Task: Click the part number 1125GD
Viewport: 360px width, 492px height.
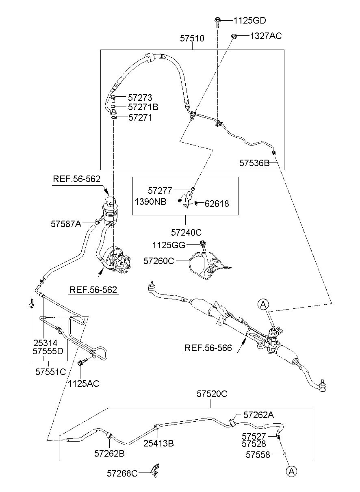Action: tap(249, 21)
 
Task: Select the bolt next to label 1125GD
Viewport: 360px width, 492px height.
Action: tap(217, 22)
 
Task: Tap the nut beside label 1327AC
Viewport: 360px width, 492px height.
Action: tap(234, 36)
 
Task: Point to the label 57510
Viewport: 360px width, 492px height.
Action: tap(192, 38)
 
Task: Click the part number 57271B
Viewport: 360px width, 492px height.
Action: tap(143, 107)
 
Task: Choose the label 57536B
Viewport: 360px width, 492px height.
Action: tap(254, 163)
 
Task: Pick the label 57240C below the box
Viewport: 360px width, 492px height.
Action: tap(186, 232)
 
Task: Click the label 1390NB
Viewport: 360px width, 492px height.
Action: tap(150, 202)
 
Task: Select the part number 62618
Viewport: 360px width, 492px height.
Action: tap(217, 204)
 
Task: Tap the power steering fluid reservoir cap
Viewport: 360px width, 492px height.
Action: tap(111, 201)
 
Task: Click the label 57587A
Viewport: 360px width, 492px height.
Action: tap(66, 224)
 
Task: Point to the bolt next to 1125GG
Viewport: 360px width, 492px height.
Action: tap(203, 245)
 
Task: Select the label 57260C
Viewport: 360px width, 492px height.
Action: tap(158, 261)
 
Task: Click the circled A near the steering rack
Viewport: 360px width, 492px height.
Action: tap(263, 304)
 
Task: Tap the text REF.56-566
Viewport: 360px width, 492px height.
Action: tap(208, 348)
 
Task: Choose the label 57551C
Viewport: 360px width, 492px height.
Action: tap(50, 372)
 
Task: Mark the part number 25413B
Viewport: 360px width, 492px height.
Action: tap(158, 443)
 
